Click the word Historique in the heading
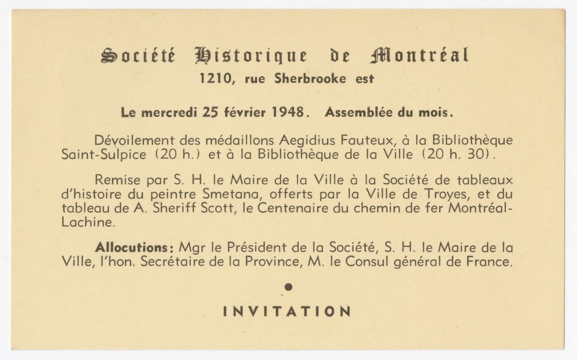point(251,56)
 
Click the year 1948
point(288,112)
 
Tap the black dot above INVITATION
point(288,287)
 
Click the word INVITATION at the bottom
point(287,312)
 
